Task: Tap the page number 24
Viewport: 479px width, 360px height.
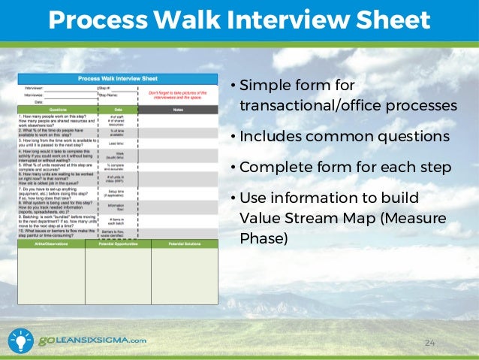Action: [x=430, y=343]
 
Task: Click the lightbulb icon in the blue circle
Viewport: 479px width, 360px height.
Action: [x=20, y=340]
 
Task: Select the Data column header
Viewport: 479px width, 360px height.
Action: [x=116, y=110]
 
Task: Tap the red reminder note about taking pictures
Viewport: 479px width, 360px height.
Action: [x=179, y=95]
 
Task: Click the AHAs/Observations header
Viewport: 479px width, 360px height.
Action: [x=51, y=244]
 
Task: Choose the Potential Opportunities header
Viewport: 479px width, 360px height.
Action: [x=118, y=244]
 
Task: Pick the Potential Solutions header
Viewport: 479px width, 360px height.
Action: [x=184, y=244]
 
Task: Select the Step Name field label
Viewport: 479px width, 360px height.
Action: [x=110, y=95]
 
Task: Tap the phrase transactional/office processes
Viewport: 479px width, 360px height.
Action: [x=347, y=105]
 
